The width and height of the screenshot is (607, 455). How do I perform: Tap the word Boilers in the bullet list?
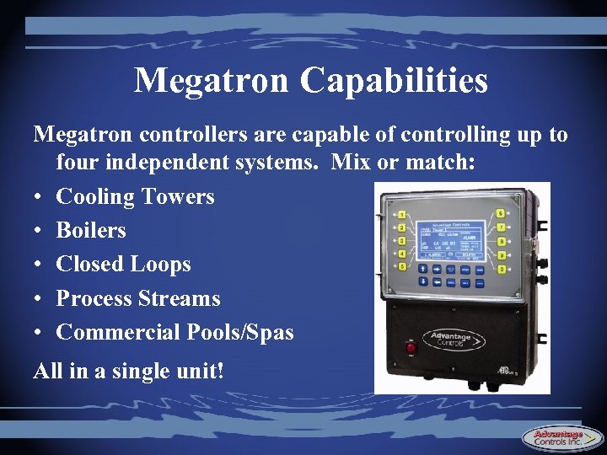click(91, 230)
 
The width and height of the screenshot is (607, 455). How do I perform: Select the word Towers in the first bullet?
click(178, 196)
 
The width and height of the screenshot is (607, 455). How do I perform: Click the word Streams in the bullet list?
click(180, 298)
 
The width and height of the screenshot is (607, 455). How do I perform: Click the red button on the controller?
click(411, 346)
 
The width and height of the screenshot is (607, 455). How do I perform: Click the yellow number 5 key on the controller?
click(401, 267)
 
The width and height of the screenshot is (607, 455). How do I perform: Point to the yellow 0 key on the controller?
click(502, 269)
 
